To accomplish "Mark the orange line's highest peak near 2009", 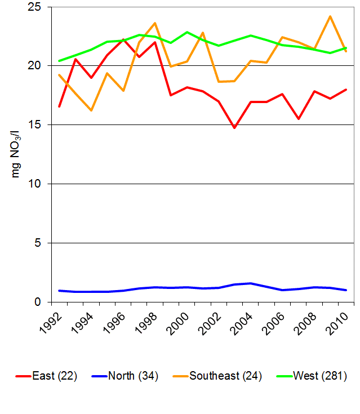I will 330,16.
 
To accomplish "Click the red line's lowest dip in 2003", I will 234,128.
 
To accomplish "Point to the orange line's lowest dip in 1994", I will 91,110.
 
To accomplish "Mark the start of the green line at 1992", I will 59,61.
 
